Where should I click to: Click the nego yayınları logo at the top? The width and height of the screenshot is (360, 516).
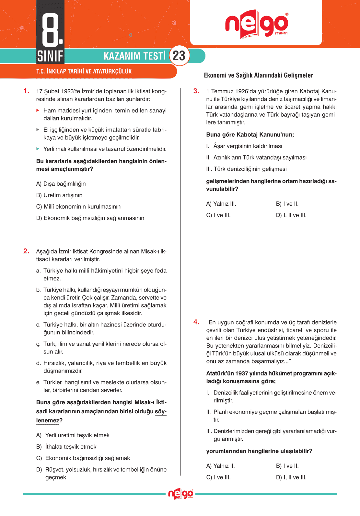pos(256,24)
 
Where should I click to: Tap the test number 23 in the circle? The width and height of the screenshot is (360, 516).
pos(179,56)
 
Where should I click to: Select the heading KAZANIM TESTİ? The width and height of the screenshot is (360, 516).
pos(134,56)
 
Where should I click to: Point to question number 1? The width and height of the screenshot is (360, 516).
pos(26,91)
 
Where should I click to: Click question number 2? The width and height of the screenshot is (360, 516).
pos(26,251)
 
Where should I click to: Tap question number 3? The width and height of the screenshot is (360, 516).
pos(196,91)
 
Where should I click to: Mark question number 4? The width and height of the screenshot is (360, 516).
pos(196,322)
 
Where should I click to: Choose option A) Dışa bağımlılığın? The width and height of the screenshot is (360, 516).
pos(61,184)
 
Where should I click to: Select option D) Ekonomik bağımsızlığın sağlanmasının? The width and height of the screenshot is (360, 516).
pos(90,218)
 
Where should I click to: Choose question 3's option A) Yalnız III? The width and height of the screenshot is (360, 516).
pos(221,204)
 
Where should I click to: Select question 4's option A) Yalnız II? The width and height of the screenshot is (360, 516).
pos(220,466)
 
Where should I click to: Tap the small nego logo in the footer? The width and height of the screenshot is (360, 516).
pos(180,494)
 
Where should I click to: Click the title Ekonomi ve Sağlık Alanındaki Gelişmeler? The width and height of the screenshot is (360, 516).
pos(258,75)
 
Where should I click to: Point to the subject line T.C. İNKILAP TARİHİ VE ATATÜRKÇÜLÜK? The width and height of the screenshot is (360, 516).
pos(84,71)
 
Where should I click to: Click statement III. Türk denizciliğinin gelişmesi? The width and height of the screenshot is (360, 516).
pos(246,169)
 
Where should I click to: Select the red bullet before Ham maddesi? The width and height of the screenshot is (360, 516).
pos(38,110)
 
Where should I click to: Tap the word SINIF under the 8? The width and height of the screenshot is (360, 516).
pos(50,56)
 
